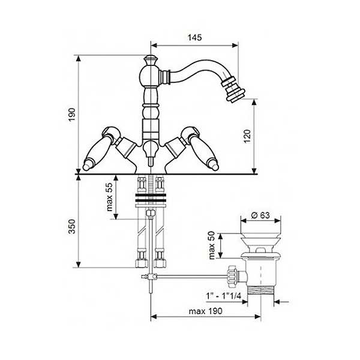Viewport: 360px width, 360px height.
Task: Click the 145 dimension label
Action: click(194, 37)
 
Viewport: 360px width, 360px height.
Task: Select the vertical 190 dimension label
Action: click(72, 115)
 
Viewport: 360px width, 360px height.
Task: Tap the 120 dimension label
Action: click(247, 136)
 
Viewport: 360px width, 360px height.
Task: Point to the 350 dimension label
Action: click(72, 226)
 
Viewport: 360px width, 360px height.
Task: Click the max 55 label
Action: click(110, 197)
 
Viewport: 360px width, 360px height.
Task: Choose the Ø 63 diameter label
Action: click(260, 215)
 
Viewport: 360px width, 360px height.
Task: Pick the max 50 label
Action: click(211, 245)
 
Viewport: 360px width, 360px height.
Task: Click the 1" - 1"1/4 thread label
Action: click(223, 296)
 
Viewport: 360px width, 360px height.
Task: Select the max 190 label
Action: click(205, 311)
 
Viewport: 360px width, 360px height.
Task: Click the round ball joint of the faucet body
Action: click(149, 76)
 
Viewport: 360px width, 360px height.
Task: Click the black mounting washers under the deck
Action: click(151, 197)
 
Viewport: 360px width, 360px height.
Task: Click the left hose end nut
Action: click(141, 263)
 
